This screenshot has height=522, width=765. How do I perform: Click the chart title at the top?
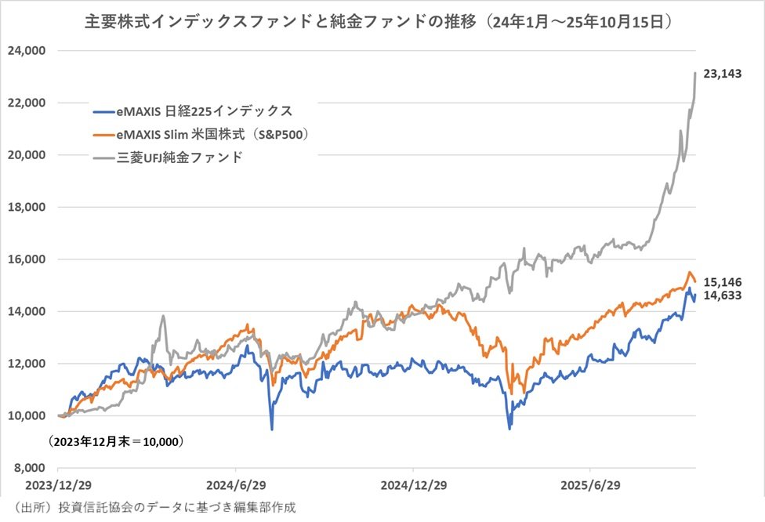(382, 21)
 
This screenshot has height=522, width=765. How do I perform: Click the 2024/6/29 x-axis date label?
(236, 486)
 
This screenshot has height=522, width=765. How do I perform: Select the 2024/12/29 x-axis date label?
(413, 486)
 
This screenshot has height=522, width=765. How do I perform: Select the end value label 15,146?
(723, 281)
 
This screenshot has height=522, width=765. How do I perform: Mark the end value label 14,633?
(723, 295)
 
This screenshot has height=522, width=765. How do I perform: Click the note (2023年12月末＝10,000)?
(116, 442)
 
